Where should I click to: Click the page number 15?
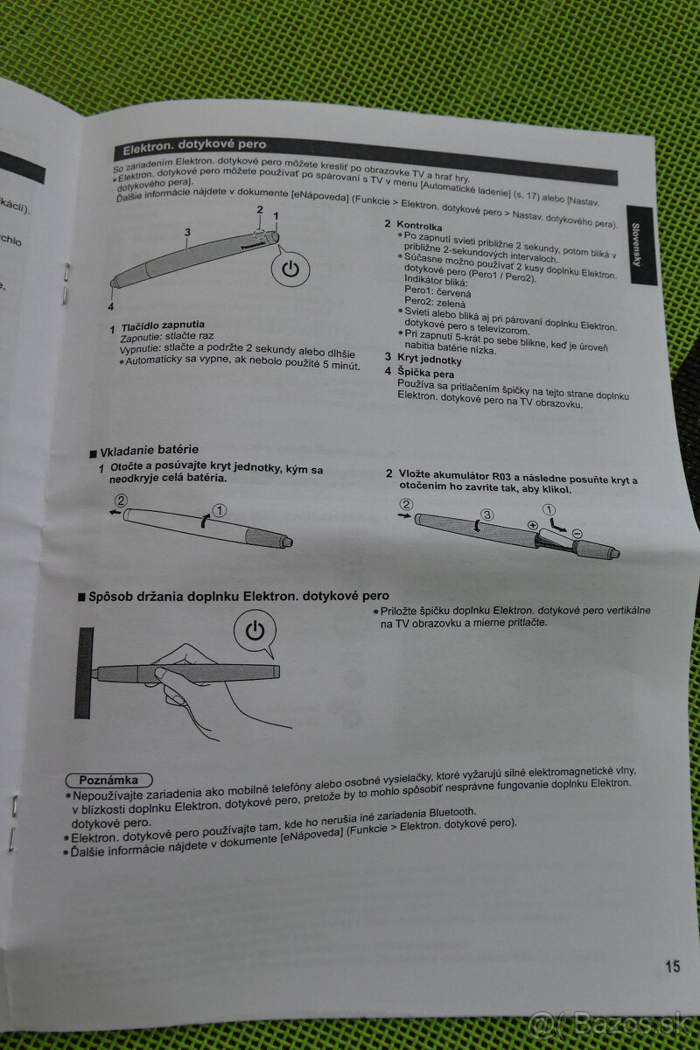[671, 966]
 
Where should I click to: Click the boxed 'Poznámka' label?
[108, 779]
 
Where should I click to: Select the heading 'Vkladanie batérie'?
[149, 451]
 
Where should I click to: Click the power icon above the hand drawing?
[255, 631]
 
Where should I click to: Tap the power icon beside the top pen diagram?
[291, 269]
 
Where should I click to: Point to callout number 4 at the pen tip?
[111, 306]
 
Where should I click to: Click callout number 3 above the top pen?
[187, 232]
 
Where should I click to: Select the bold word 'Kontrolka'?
[419, 226]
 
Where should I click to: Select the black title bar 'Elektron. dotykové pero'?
[194, 147]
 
